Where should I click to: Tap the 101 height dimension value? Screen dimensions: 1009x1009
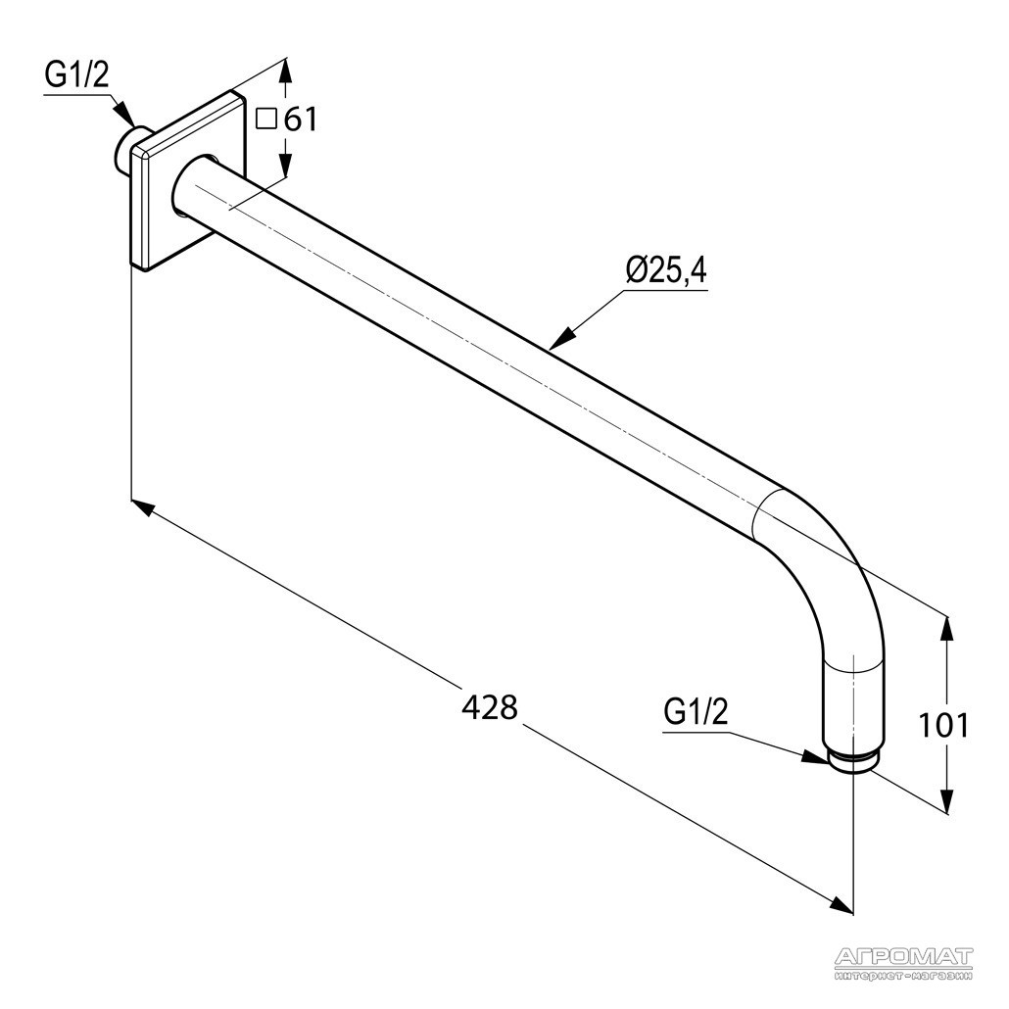(x=942, y=726)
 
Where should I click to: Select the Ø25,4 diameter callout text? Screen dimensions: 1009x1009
(x=666, y=271)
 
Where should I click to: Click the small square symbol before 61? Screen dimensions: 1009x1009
(x=265, y=120)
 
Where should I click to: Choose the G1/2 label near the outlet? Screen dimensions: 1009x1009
(x=697, y=712)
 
